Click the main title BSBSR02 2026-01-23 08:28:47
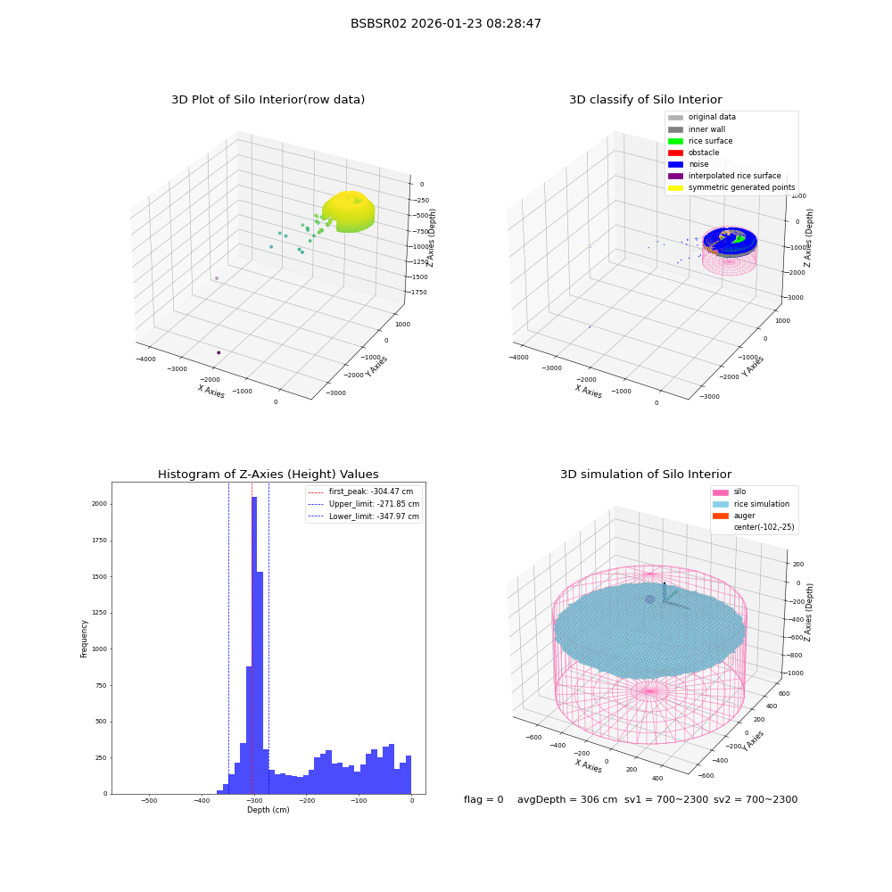[445, 24]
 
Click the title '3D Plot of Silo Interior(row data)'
[268, 100]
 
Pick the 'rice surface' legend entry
[700, 141]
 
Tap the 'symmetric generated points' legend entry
[731, 187]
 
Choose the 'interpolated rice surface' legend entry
[724, 176]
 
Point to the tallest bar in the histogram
[254, 645]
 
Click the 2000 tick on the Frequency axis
[100, 504]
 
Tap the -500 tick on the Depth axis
[149, 800]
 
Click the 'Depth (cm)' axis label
[268, 810]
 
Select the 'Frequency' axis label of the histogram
[84, 639]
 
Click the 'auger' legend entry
[734, 516]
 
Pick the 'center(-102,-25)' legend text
[764, 527]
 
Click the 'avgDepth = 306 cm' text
[566, 799]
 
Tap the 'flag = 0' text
[483, 799]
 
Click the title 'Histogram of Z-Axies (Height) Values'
[268, 475]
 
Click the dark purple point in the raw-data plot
[219, 352]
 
